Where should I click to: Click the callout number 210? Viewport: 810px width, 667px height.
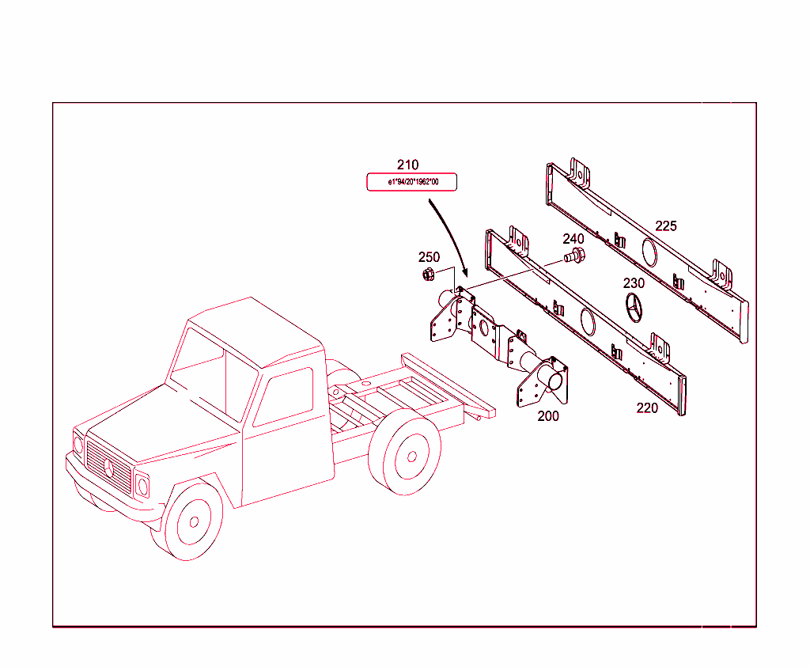pyautogui.click(x=407, y=165)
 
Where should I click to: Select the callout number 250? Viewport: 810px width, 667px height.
pyautogui.click(x=429, y=257)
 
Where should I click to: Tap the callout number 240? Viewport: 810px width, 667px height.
pyautogui.click(x=573, y=239)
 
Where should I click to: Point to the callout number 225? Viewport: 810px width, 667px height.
pyautogui.click(x=666, y=225)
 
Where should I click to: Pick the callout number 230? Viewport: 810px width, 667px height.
pyautogui.click(x=634, y=283)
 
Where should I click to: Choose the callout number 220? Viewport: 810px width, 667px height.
pyautogui.click(x=647, y=408)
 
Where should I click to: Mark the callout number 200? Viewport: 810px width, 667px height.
pyautogui.click(x=548, y=416)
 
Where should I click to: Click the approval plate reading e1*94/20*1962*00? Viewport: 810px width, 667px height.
pyautogui.click(x=411, y=182)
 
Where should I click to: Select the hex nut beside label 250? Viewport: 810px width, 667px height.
pyautogui.click(x=428, y=275)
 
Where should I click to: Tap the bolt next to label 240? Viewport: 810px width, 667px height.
pyautogui.click(x=574, y=256)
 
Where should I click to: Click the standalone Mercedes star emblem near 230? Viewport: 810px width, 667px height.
pyautogui.click(x=634, y=308)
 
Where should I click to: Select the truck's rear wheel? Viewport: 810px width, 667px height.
pyautogui.click(x=406, y=457)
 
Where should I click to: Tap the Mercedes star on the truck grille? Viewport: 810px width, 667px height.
pyautogui.click(x=108, y=468)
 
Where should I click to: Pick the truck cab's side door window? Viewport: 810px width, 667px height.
pyautogui.click(x=284, y=396)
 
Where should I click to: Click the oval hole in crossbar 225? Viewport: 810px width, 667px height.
pyautogui.click(x=649, y=252)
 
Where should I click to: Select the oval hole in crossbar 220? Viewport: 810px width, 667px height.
pyautogui.click(x=588, y=321)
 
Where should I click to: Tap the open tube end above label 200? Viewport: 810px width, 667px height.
pyautogui.click(x=555, y=381)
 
